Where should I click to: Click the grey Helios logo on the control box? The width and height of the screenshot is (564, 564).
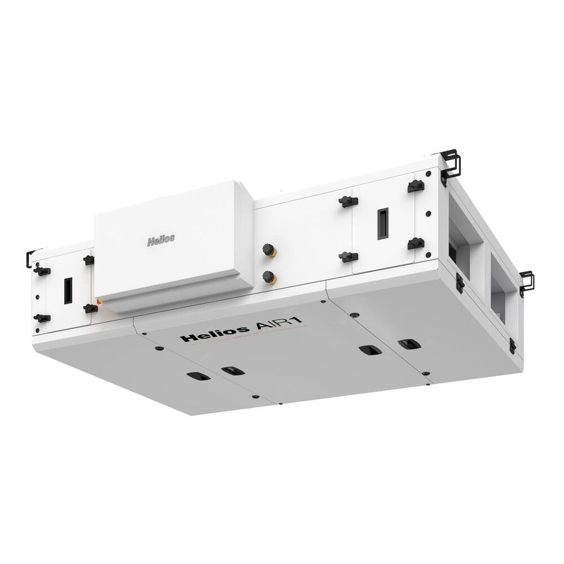pos(161,239)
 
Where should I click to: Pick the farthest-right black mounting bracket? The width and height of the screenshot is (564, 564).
pos(527,281)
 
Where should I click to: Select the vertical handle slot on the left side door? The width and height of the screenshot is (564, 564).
pos(67,289)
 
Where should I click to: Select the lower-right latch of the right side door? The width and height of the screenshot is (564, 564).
pos(416,244)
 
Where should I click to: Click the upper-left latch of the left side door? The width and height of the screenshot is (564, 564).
pos(41,270)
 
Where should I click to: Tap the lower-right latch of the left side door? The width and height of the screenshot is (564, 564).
pos(90,308)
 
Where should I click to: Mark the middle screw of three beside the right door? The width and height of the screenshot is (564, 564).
pos(429,214)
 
